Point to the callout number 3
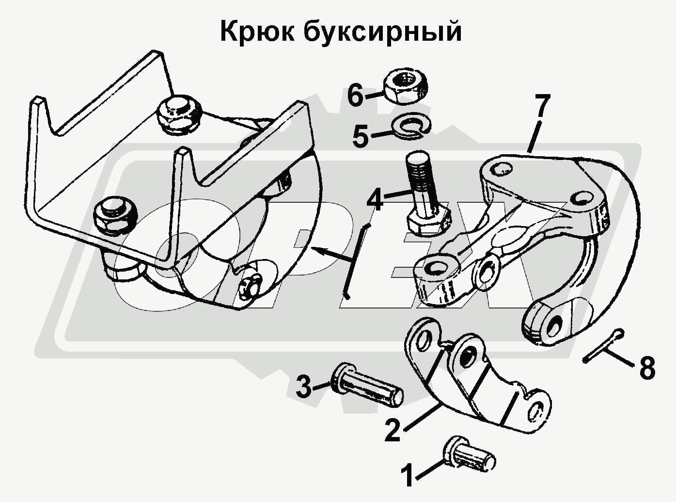(x=303, y=388)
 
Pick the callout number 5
(x=361, y=137)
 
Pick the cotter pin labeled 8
(x=603, y=345)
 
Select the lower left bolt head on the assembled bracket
(x=115, y=215)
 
